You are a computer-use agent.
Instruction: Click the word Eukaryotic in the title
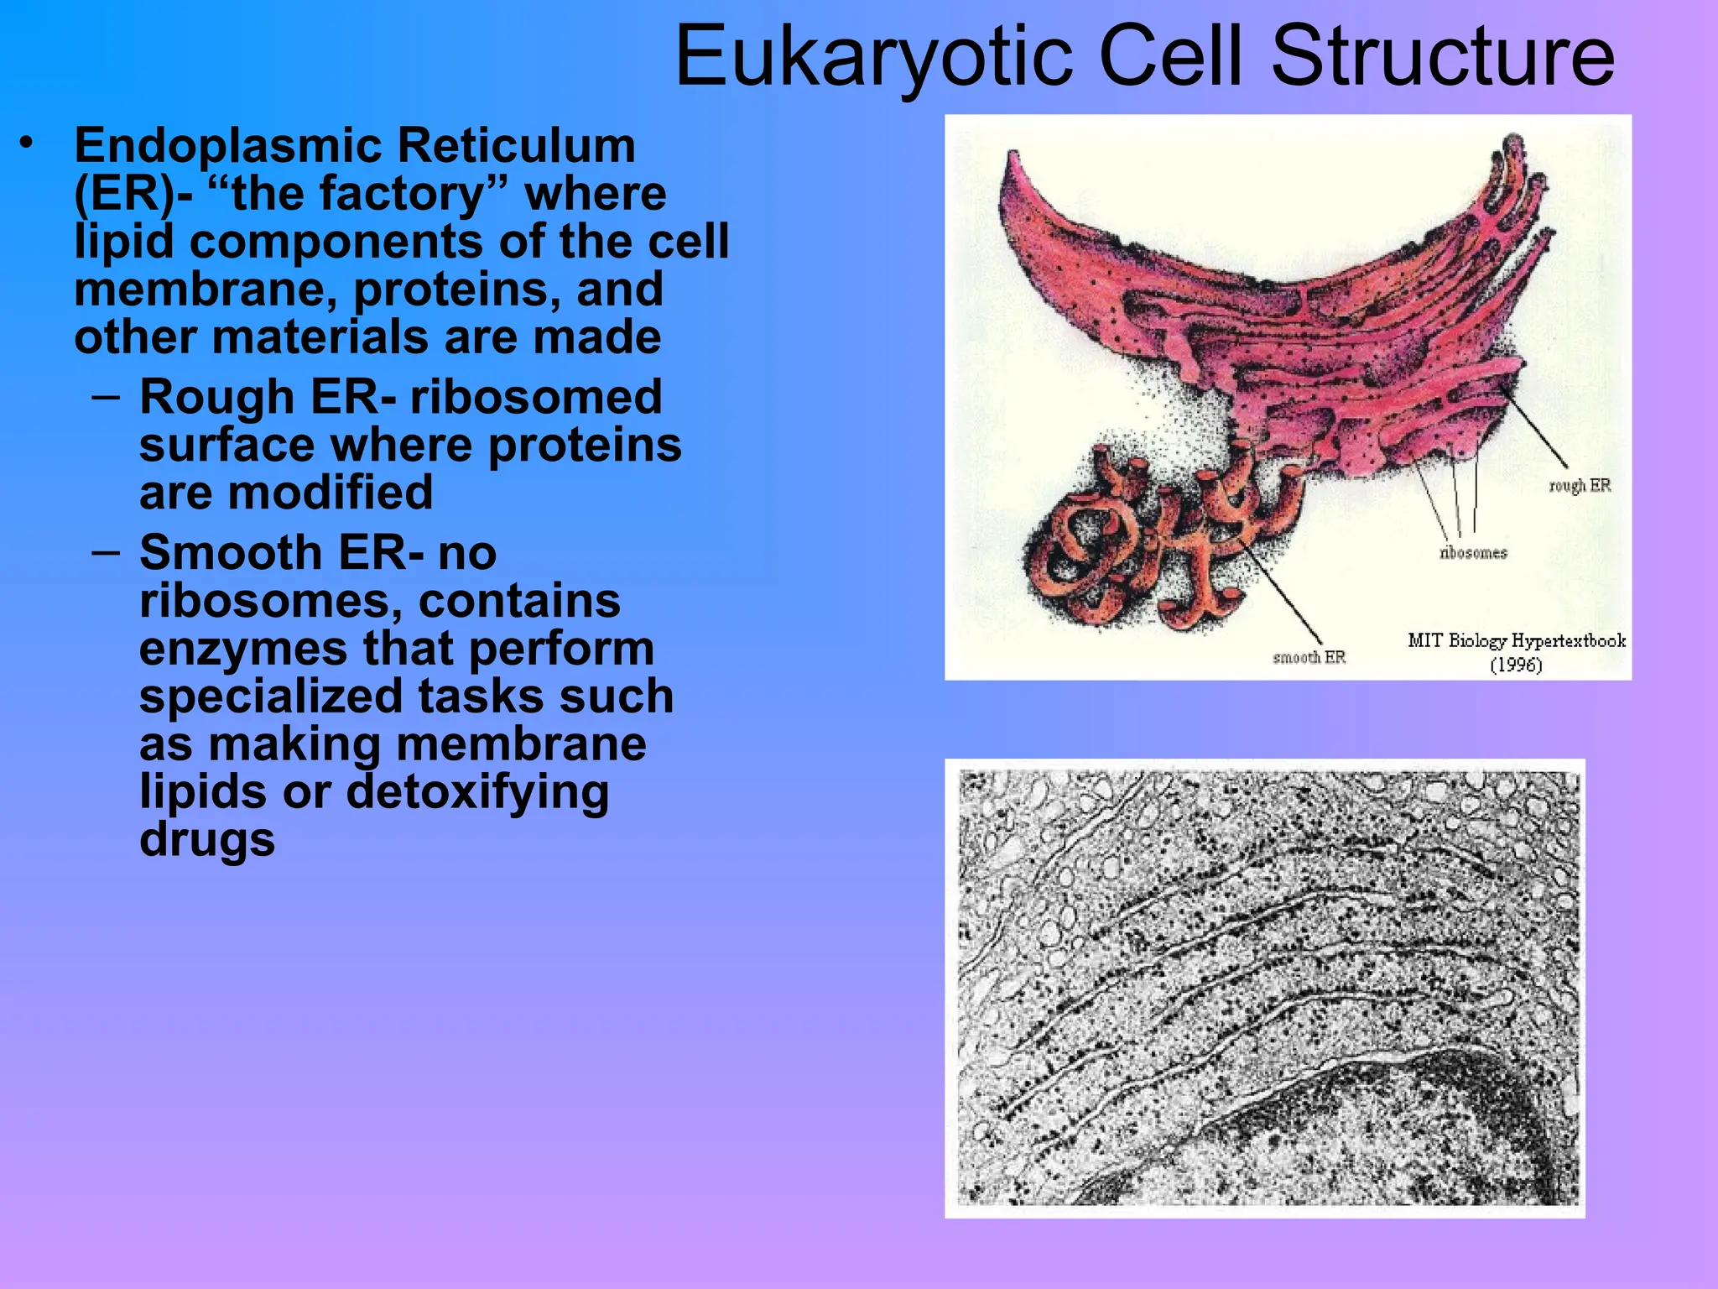tap(872, 57)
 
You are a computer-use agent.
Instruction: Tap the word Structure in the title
tap(1443, 57)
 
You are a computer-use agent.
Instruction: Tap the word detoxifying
tap(477, 792)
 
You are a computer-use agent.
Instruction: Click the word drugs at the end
tap(207, 840)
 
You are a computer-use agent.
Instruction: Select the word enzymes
tap(242, 649)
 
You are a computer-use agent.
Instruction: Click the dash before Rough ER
tap(106, 395)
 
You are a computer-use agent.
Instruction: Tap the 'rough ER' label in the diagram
tap(1579, 486)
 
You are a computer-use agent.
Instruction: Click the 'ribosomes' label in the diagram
tap(1473, 553)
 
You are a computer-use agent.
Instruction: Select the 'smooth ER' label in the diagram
tap(1309, 658)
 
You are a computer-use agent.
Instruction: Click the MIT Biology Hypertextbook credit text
tap(1516, 641)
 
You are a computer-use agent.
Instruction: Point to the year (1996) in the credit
tap(1516, 665)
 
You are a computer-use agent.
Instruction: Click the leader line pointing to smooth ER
tap(1283, 596)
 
